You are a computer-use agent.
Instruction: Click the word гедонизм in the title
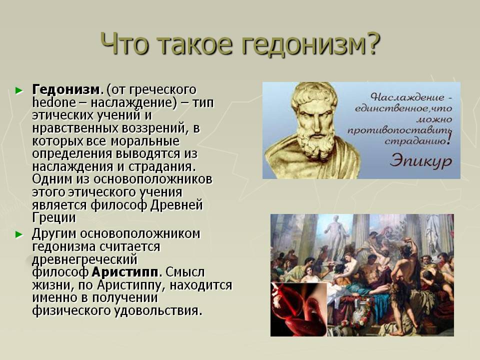pos(303,44)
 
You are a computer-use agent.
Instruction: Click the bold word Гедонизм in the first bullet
pos(66,89)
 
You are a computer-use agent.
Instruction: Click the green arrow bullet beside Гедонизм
pos(19,90)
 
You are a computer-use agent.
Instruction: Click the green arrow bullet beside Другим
pos(19,234)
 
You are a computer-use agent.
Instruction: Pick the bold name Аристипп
pos(125,272)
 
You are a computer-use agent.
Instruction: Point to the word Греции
pos(54,217)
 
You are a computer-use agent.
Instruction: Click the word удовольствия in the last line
pos(158,310)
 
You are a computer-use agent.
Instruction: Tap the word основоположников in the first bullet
pos(153,179)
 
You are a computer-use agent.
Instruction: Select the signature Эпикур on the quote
pos(420,160)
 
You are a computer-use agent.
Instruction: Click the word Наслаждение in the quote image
pos(406,97)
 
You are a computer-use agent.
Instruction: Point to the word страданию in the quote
pos(415,141)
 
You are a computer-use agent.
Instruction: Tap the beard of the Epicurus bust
pos(315,143)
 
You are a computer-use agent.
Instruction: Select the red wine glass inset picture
pos(299,309)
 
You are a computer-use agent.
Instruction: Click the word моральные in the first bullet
pos(145,141)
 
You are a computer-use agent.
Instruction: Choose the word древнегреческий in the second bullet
pos(85,259)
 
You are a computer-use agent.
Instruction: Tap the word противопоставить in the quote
pos(399,130)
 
